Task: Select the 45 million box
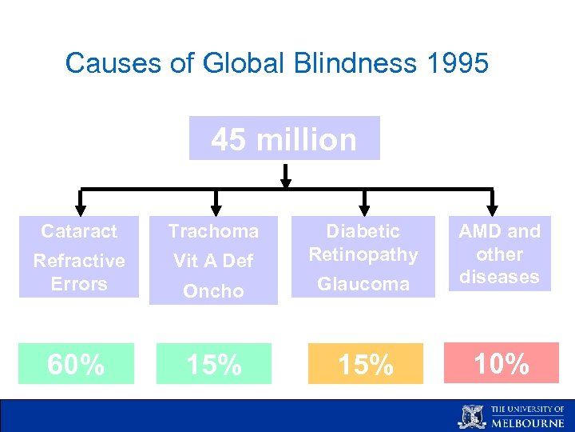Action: pos(284,139)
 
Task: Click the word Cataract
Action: pos(79,231)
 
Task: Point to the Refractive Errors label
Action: pos(79,272)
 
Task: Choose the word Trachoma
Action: pos(213,231)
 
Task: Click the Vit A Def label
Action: pos(213,261)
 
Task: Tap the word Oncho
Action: pos(213,291)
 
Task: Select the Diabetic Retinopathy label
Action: pos(363,242)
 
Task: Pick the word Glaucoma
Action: pos(363,284)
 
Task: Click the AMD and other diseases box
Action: pos(499,254)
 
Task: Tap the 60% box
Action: pos(76,364)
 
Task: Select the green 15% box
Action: pos(213,364)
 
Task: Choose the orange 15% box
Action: pos(364,364)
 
